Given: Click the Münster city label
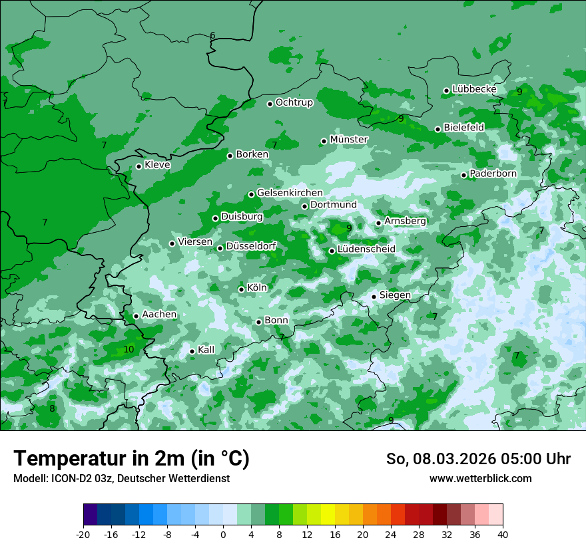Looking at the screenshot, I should coord(348,140).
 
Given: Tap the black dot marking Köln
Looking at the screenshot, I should coord(241,289).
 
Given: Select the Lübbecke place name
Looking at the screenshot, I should coord(474,89).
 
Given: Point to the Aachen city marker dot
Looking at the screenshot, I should coord(136,316).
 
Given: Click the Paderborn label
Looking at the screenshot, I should coord(493,174).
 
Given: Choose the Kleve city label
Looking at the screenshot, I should coord(157,165).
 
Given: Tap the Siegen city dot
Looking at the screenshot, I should coord(374,297).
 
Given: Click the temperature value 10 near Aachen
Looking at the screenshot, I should coord(129,349).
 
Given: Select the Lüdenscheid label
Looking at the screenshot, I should coord(366,249).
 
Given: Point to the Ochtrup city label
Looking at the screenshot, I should coord(294,102).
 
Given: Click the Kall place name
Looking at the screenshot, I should coord(206,350).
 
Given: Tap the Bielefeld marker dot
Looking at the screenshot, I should coord(438,129).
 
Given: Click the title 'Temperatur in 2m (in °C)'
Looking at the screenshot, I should coord(131,459).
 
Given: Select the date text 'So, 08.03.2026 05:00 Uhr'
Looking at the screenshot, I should coord(478,459).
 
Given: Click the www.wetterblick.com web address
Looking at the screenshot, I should coord(480,479).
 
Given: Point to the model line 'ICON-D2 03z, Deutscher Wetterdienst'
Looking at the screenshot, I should coord(121,479).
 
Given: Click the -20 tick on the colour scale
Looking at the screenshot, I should coord(83,534).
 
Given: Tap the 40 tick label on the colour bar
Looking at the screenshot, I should coord(502,534).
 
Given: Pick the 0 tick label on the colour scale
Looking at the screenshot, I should coord(223,534).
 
